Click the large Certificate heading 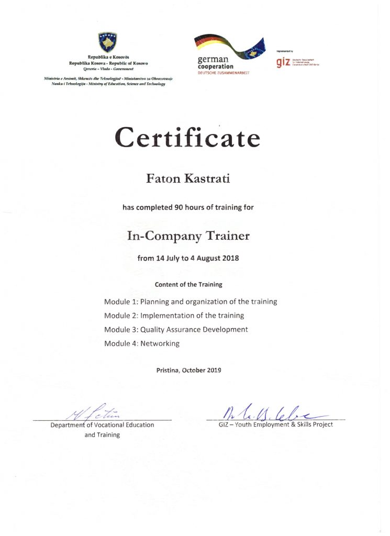pos(187,137)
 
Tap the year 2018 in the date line pos(230,259)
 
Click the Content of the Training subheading pos(188,285)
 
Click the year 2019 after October pos(213,370)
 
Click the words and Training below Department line pos(102,434)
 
